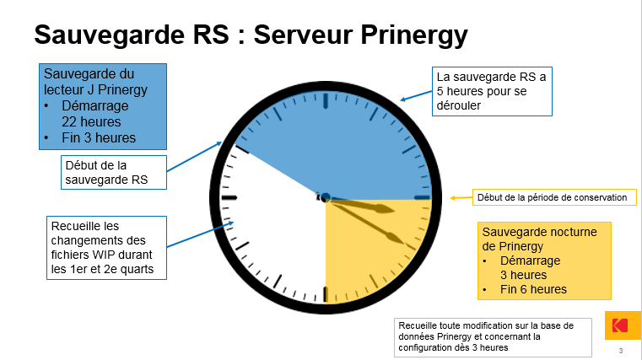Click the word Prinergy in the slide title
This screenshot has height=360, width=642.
click(414, 35)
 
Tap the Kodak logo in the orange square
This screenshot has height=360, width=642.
click(619, 325)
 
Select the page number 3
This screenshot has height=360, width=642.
click(621, 351)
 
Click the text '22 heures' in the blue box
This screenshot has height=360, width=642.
click(91, 122)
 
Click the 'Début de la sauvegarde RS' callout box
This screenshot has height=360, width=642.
click(114, 172)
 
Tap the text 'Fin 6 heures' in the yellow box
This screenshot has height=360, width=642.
click(533, 289)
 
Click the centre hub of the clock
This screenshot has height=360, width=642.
click(326, 198)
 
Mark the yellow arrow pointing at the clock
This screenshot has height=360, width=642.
click(461, 198)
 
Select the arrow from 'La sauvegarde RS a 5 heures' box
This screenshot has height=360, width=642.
click(416, 95)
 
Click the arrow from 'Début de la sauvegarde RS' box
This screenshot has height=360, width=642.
click(195, 156)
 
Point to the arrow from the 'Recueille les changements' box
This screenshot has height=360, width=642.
click(200, 234)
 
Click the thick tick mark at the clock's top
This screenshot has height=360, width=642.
click(326, 100)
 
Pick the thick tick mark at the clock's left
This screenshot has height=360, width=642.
click(229, 198)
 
